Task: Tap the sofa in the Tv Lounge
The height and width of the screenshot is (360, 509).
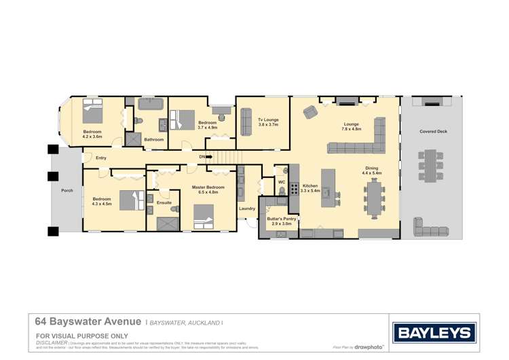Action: pyautogui.click(x=246, y=122)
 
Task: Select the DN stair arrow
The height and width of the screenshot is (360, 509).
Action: pyautogui.click(x=208, y=158)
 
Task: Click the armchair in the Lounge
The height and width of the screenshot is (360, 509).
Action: pyautogui.click(x=310, y=112)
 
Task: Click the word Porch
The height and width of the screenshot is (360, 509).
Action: pyautogui.click(x=67, y=191)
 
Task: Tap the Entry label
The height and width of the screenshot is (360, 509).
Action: pyautogui.click(x=100, y=158)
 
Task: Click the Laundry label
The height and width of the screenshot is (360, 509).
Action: pyautogui.click(x=247, y=209)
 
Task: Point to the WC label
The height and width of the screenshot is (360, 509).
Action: pyautogui.click(x=282, y=181)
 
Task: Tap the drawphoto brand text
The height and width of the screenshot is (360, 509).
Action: pyautogui.click(x=367, y=347)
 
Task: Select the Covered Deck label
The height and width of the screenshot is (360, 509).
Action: pyautogui.click(x=432, y=132)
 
